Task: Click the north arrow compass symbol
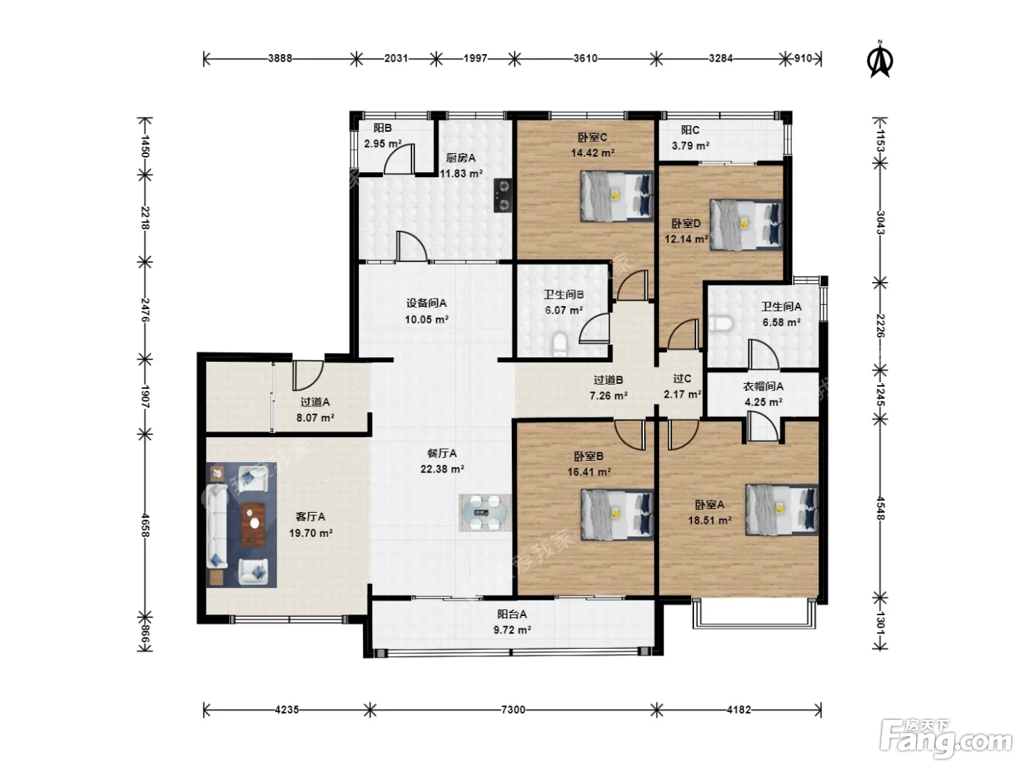[x=880, y=60]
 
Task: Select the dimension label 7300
[x=512, y=710]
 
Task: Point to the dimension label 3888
[x=280, y=59]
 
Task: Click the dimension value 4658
[x=145, y=525]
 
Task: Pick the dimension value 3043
[x=880, y=223]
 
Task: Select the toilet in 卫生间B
[x=559, y=343]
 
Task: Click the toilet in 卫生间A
[x=721, y=324]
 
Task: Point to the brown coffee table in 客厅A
[x=253, y=524]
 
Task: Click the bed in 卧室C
[x=616, y=196]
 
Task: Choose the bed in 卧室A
[x=782, y=510]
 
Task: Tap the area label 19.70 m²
[x=310, y=532]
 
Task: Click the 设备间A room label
[x=426, y=303]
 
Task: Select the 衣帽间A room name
[x=763, y=386]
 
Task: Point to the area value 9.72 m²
[x=512, y=630]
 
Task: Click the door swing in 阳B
[x=398, y=158]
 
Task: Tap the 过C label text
[x=682, y=378]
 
